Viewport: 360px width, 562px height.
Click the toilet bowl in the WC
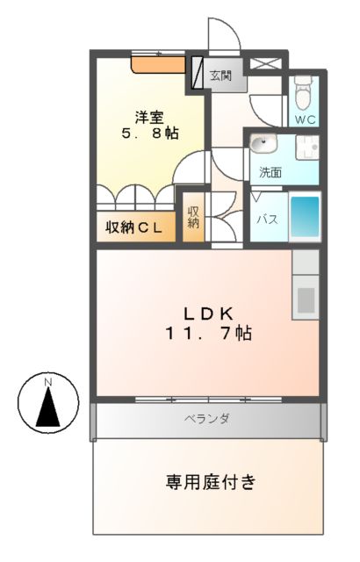[x=304, y=90]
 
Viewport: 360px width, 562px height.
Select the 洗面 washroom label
[x=270, y=172]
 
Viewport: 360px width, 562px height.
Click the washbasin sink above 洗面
[x=263, y=144]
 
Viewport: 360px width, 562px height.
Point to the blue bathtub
[x=305, y=216]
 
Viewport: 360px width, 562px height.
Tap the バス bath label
[x=267, y=220]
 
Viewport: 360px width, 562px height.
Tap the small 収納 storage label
[x=193, y=218]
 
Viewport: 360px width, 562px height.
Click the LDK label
[x=207, y=313]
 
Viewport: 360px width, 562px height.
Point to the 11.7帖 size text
[x=207, y=334]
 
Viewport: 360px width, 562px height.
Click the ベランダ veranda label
[x=207, y=419]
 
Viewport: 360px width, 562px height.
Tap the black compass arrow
[x=48, y=406]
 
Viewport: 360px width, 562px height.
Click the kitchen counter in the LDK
[x=306, y=290]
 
